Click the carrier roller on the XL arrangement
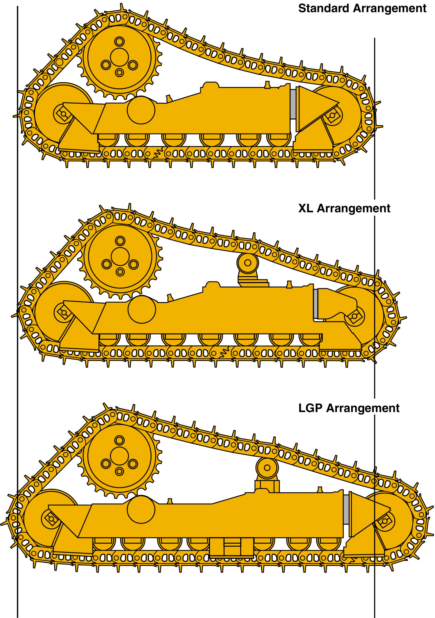click(248, 263)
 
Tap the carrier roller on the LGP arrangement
click(267, 468)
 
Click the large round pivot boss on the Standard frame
click(141, 110)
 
